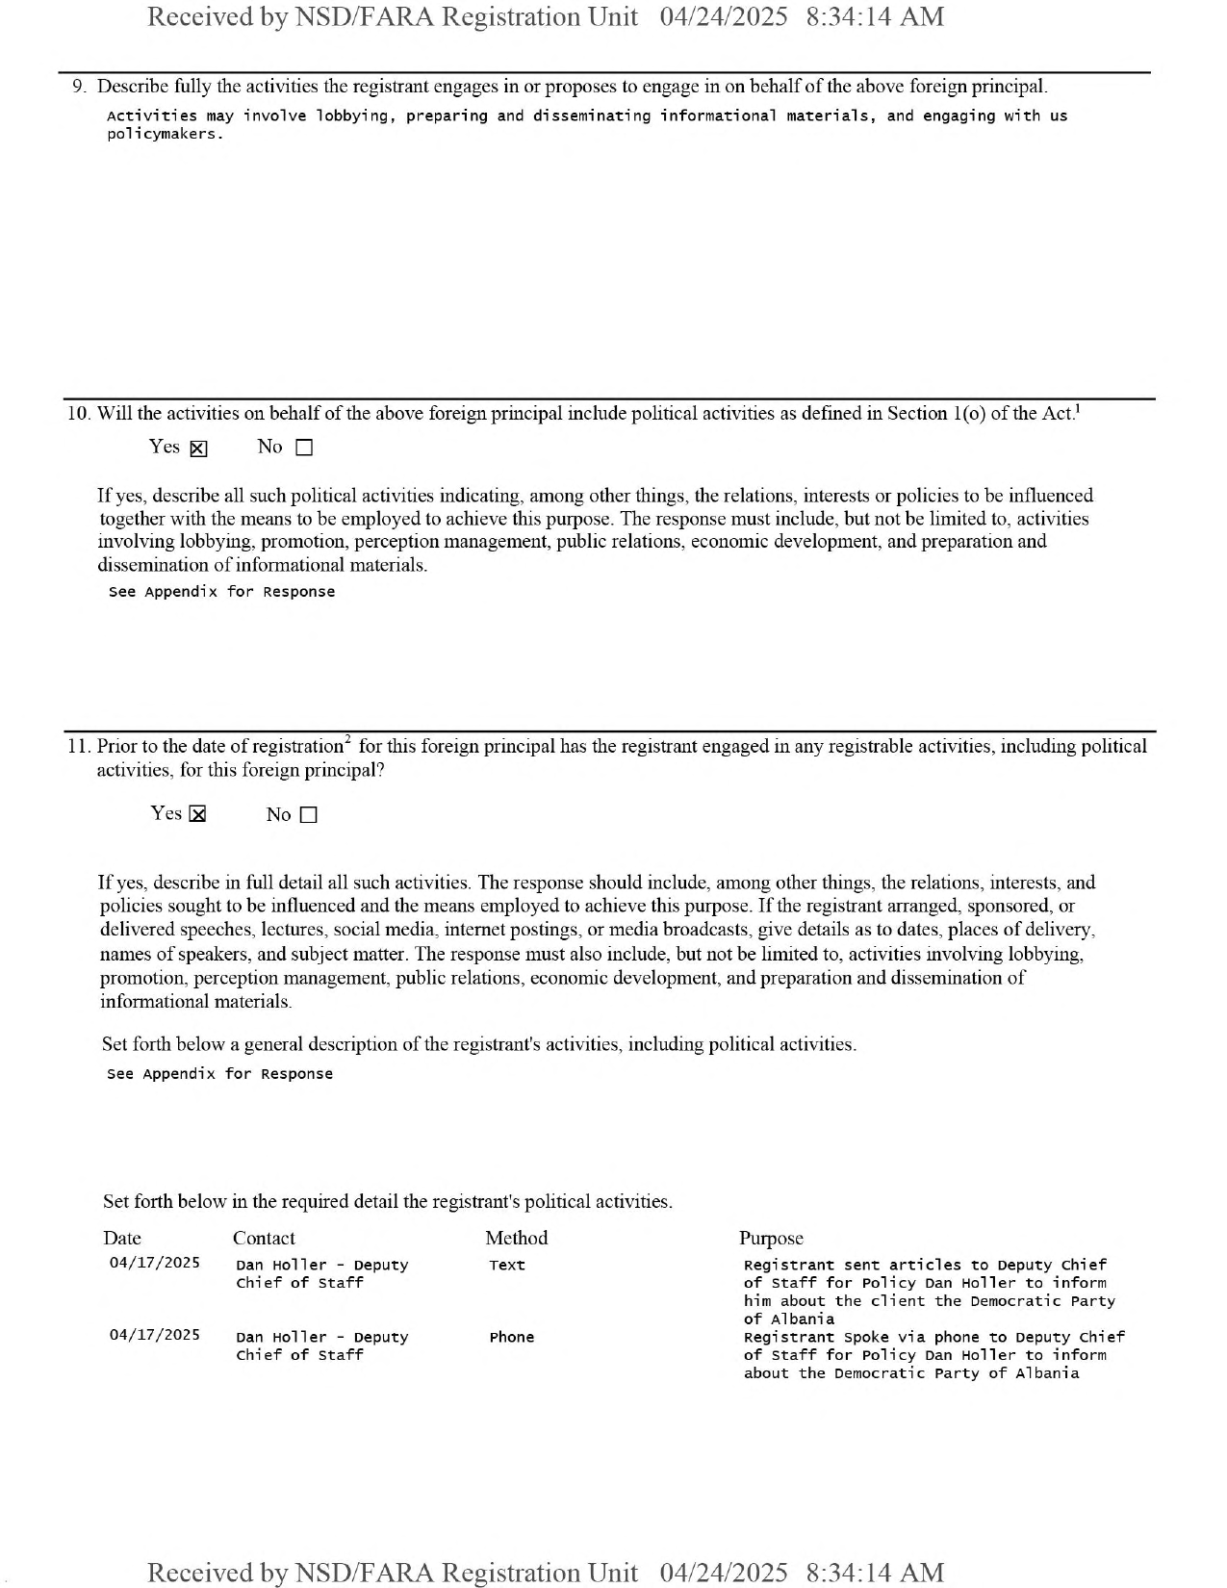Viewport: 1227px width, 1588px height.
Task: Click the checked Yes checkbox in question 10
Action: coord(198,448)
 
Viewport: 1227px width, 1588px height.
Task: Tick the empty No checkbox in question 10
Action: coord(304,448)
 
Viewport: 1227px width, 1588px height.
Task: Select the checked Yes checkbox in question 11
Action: coord(197,815)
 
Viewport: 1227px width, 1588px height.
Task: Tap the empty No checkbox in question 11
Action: coord(308,815)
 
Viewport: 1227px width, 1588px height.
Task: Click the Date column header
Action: coord(122,1239)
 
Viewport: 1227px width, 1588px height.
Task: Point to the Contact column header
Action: coord(264,1239)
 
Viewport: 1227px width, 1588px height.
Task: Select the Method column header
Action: coord(516,1239)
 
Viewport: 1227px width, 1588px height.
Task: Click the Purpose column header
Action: coord(771,1239)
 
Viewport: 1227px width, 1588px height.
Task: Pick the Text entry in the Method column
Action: coord(506,1266)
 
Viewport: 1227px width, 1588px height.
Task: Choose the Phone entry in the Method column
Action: coord(511,1338)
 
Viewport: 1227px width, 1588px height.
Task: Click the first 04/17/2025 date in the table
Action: coord(154,1263)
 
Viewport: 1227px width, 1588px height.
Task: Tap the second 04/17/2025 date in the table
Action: coord(154,1335)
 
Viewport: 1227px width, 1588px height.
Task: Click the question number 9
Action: coord(80,87)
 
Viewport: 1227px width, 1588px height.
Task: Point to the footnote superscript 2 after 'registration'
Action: coord(347,740)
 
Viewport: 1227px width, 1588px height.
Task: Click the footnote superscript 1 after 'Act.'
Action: coord(1077,408)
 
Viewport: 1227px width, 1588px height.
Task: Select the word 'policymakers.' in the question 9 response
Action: coord(165,135)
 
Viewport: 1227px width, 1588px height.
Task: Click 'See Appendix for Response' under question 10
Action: coord(221,592)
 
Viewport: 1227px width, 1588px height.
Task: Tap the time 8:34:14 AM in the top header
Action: coord(874,17)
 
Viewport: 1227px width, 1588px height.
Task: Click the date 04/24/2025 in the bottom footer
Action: coord(723,1573)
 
